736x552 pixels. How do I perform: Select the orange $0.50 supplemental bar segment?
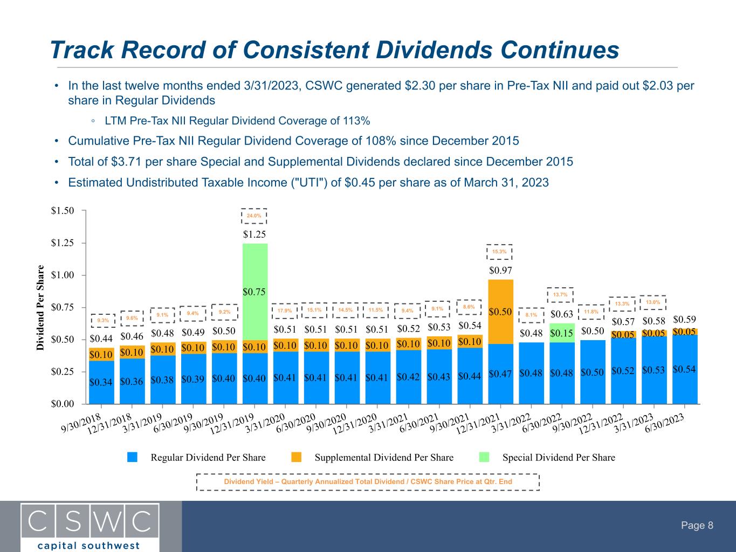(x=501, y=312)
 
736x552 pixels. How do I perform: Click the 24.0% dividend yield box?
(x=254, y=216)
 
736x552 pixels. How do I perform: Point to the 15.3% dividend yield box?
(x=500, y=252)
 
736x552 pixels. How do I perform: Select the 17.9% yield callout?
(x=285, y=310)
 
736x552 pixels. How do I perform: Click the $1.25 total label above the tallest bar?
(x=254, y=234)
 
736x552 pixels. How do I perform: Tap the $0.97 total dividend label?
(x=500, y=270)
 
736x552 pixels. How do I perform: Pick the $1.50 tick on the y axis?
(x=63, y=210)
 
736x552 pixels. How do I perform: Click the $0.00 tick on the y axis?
(x=63, y=404)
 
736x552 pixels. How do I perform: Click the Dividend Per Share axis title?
(x=41, y=307)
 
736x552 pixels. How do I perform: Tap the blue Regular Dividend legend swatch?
(x=133, y=457)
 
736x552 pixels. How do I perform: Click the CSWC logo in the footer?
(x=90, y=526)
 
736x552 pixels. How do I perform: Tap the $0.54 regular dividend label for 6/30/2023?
(x=685, y=369)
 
